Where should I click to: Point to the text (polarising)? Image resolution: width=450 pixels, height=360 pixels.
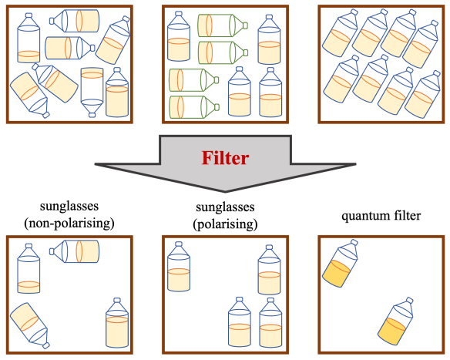[x=224, y=224]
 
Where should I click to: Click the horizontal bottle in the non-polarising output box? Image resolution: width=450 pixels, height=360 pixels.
[x=76, y=251]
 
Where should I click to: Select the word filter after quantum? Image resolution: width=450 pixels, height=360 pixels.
[x=403, y=216]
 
